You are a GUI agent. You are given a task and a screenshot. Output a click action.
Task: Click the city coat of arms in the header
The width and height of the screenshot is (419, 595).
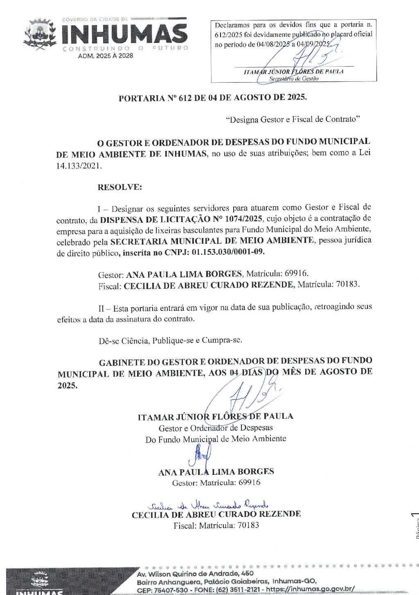[40, 34]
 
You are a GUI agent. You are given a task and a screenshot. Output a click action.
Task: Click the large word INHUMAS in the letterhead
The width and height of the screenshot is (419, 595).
[124, 34]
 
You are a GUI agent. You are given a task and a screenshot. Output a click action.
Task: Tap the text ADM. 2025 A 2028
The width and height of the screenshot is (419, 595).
[106, 56]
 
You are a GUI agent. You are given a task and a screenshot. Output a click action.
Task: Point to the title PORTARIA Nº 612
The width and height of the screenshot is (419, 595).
[212, 98]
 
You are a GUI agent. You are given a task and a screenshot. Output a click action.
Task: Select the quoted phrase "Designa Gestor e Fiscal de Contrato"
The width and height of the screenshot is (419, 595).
[293, 119]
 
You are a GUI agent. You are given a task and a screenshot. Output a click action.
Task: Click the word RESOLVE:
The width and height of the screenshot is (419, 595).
[119, 187]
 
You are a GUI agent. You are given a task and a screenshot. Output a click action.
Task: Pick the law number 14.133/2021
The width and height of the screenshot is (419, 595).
[79, 166]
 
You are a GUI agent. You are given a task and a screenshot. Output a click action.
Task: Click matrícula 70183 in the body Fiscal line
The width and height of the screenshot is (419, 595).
[347, 284]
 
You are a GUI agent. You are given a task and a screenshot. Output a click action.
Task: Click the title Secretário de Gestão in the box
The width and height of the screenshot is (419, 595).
[293, 79]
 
